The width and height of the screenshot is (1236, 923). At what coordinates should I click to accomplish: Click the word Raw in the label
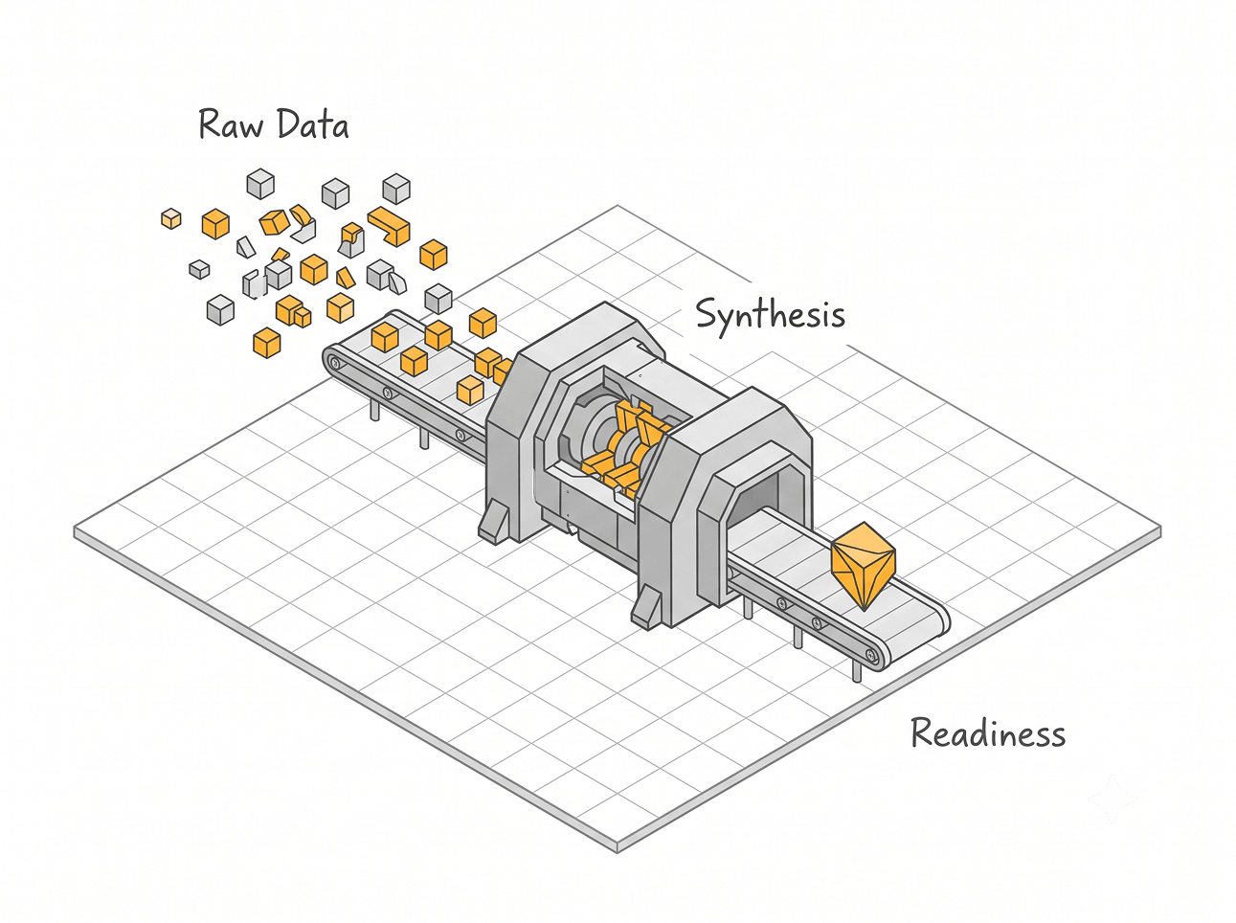(x=231, y=124)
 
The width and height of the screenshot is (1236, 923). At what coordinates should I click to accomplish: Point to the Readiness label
(x=988, y=732)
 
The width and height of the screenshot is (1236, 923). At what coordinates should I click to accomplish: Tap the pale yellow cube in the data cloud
(x=171, y=218)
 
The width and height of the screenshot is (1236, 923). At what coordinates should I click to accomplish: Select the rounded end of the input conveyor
(x=336, y=362)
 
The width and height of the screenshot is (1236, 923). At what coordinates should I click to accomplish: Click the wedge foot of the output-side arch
(x=645, y=606)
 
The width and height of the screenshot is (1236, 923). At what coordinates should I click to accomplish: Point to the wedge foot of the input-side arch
(x=495, y=522)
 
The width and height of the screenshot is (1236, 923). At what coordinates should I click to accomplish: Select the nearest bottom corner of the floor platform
(x=618, y=851)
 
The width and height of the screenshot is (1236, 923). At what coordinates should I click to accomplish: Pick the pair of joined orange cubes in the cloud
(x=293, y=311)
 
